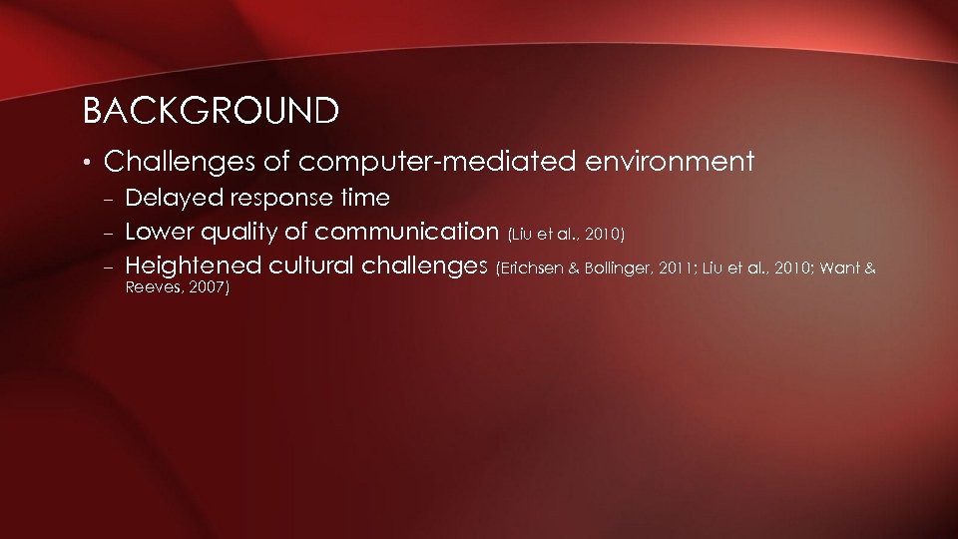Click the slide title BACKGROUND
point(211,111)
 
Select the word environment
point(670,161)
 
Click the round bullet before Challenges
point(88,162)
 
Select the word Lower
point(159,234)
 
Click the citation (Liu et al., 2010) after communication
point(567,236)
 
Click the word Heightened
point(193,267)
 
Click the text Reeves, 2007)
point(178,288)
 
